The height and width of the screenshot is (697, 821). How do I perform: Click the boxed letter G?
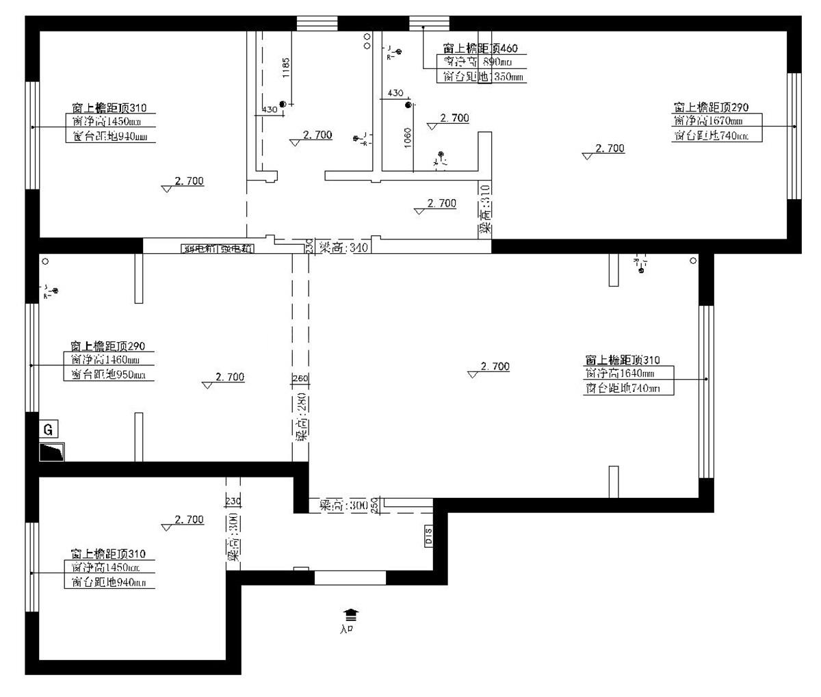point(48,430)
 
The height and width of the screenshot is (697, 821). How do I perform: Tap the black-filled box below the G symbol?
point(52,452)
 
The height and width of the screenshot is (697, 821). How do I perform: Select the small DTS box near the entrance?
point(429,535)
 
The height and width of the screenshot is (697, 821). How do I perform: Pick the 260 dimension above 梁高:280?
point(300,378)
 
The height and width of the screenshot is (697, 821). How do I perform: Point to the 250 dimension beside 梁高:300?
point(375,505)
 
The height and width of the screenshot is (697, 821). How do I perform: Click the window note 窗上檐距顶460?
point(480,48)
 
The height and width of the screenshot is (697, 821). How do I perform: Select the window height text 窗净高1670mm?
point(707,121)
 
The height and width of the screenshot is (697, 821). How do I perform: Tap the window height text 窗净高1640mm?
point(619,373)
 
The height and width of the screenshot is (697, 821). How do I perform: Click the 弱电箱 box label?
point(199,248)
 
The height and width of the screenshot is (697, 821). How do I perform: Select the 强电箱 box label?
point(236,248)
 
